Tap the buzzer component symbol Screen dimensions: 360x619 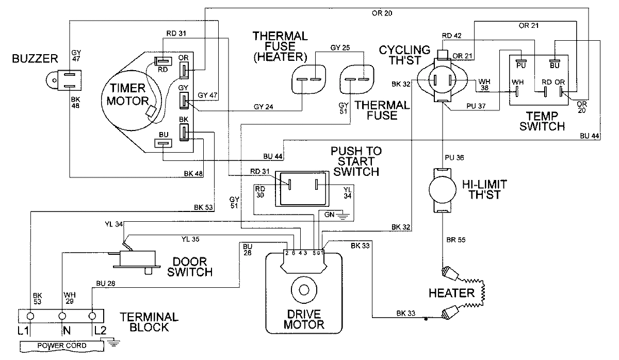tap(65, 79)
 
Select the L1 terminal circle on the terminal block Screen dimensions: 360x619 tap(31, 315)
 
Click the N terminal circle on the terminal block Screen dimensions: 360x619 tap(63, 315)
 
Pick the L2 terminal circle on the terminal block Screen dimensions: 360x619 tap(93, 315)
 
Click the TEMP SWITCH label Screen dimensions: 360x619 tap(542, 121)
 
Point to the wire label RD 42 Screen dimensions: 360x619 tap(452, 36)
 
